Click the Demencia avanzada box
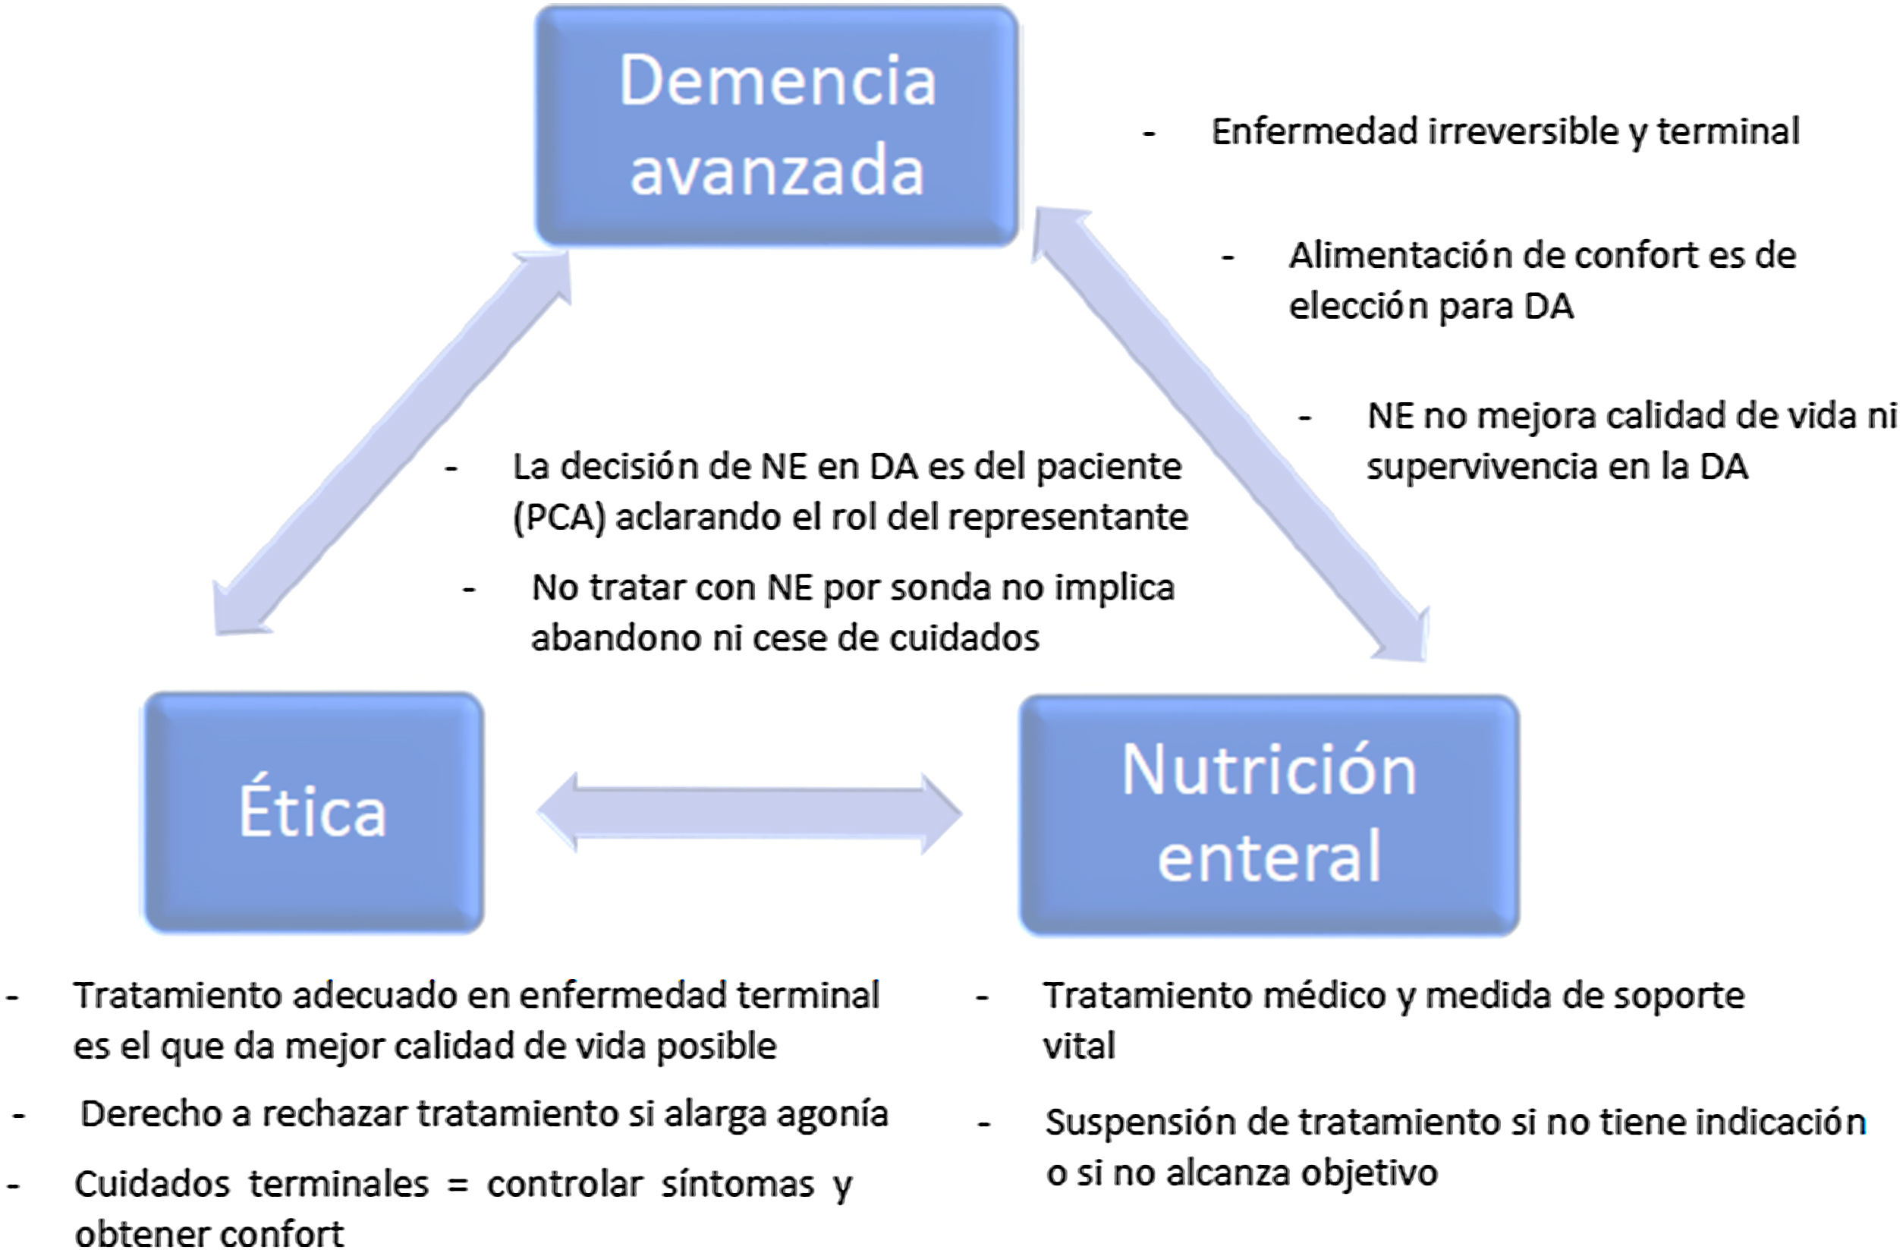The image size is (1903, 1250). tap(775, 124)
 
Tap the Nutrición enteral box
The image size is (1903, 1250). tap(1269, 814)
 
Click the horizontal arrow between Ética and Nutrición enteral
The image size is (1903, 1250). tap(749, 813)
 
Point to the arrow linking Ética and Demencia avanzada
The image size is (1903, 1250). tap(392, 443)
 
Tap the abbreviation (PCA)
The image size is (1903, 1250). tap(558, 518)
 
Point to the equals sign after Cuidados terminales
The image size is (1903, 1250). tap(458, 1185)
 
